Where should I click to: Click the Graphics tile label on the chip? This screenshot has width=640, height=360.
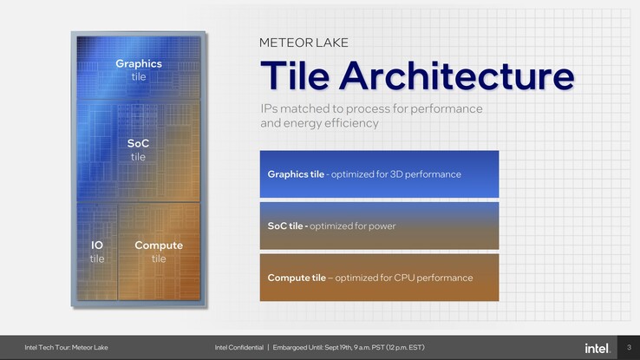(139, 69)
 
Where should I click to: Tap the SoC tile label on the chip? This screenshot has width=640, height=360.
(139, 149)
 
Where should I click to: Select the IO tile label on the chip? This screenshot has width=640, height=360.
(97, 252)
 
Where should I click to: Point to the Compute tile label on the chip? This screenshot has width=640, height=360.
(159, 252)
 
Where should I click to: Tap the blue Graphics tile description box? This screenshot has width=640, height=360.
(379, 174)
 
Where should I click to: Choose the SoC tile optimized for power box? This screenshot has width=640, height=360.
(379, 226)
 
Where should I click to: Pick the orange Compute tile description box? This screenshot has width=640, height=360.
(379, 278)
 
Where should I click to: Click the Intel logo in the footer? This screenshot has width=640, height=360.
(597, 348)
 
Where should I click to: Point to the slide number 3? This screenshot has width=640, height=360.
(629, 348)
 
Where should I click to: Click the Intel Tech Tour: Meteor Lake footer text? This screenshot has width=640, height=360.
(66, 348)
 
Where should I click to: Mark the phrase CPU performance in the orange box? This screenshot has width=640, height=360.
(438, 278)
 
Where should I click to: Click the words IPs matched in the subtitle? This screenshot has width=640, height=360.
(291, 109)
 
